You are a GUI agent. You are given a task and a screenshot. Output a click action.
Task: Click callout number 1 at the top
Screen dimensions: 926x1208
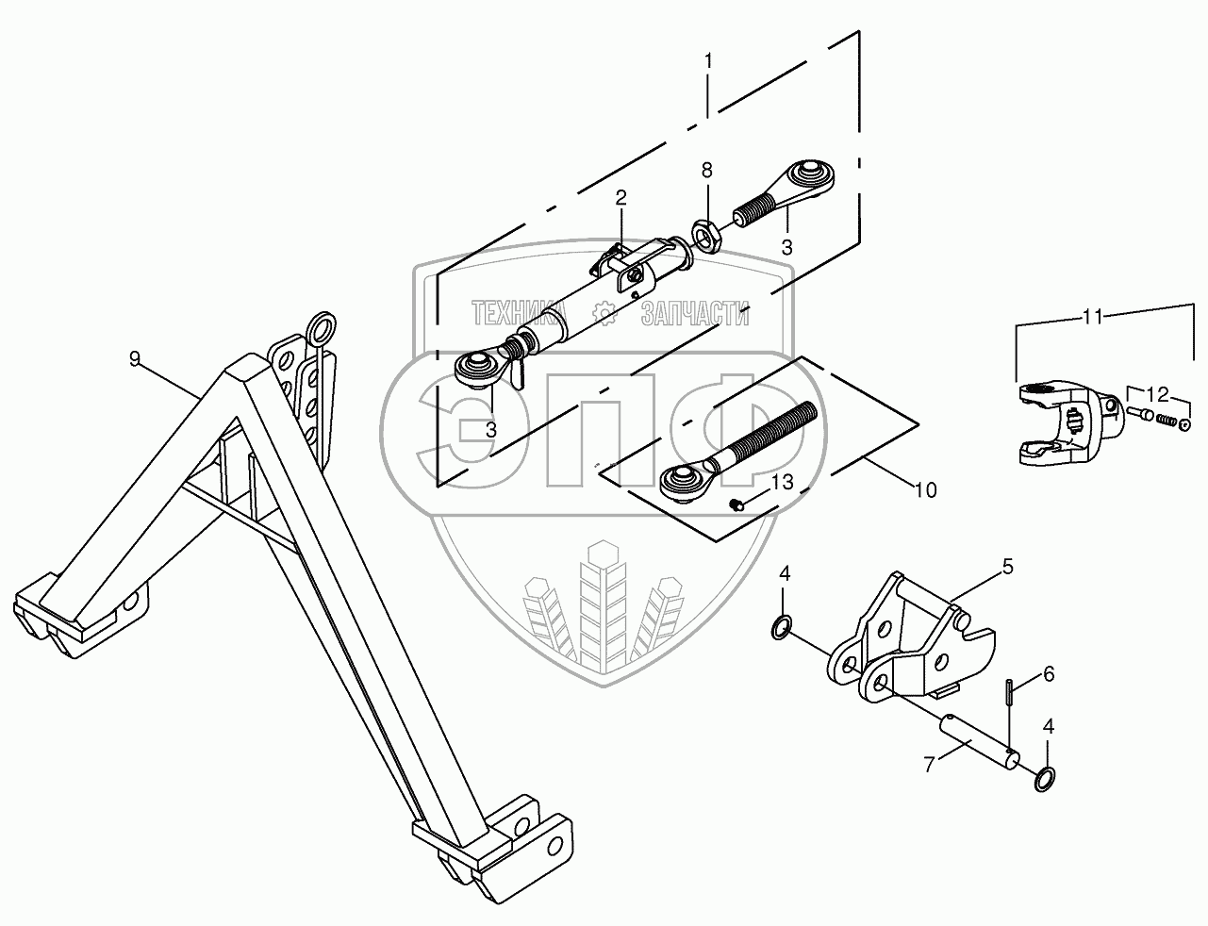tap(708, 59)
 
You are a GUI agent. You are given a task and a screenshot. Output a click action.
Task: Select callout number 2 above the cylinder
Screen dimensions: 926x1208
tap(621, 197)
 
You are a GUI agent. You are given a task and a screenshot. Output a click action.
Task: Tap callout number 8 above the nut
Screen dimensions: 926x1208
tap(706, 170)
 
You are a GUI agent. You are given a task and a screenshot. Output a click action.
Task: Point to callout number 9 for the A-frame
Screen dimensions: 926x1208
tap(135, 357)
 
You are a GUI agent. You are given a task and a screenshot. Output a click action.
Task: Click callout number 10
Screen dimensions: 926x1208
tap(926, 489)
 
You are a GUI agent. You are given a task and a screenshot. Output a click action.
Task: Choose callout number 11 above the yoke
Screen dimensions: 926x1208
tap(1092, 317)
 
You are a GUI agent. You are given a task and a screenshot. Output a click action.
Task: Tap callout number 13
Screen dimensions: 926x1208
tap(783, 482)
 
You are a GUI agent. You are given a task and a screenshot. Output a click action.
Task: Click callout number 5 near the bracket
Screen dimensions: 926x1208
tap(1007, 567)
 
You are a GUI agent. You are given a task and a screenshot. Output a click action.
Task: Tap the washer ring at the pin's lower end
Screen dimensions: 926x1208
tap(1044, 779)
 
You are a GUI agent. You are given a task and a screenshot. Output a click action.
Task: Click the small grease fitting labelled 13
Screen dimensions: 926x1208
tap(737, 507)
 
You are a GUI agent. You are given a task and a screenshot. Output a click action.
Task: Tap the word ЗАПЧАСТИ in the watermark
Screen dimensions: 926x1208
tap(695, 314)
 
